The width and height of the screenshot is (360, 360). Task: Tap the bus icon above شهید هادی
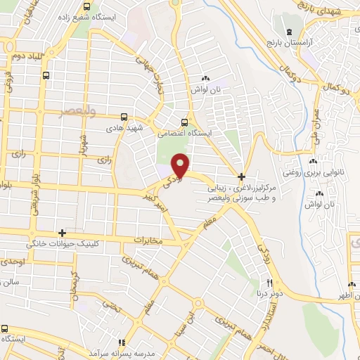124,117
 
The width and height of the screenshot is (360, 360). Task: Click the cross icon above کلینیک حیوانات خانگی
63,232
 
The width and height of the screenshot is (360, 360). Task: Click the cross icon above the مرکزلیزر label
241,176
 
